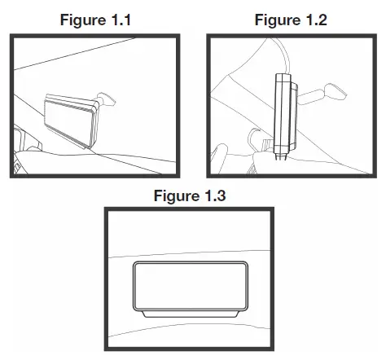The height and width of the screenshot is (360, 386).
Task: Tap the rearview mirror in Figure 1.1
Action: (x=107, y=99)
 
